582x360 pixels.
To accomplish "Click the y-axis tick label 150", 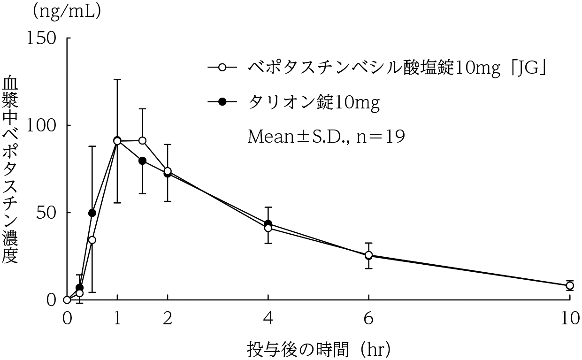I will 43,38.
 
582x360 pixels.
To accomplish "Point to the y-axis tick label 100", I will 43,125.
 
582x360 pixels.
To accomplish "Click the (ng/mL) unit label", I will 67,11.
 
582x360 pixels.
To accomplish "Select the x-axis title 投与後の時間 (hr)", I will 319,349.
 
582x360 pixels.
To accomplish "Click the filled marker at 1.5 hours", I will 143,161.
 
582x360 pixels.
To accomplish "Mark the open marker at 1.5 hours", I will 143,140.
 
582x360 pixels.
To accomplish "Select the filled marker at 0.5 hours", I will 92,213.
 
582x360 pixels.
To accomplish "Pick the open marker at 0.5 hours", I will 92,240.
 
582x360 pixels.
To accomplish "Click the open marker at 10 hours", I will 569,285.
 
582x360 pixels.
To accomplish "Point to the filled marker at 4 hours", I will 268,224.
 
